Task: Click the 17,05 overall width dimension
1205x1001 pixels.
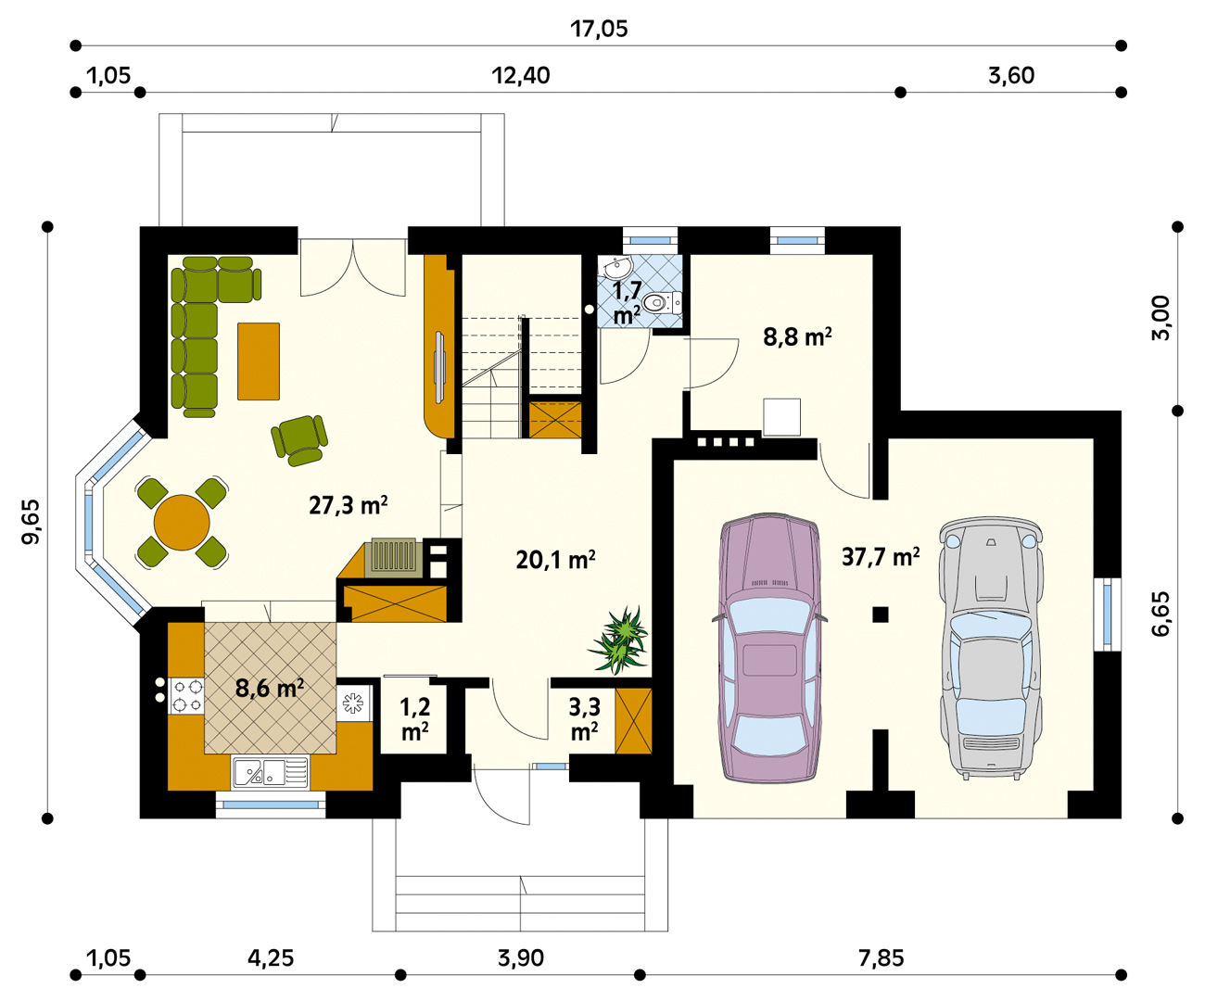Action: [x=599, y=29]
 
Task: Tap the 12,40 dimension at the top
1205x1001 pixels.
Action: [x=521, y=76]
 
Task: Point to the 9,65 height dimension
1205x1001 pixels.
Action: [x=32, y=521]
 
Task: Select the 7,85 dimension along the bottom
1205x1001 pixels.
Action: [x=881, y=958]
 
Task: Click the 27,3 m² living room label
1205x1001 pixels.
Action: [x=348, y=505]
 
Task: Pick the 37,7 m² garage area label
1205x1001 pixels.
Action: [x=881, y=557]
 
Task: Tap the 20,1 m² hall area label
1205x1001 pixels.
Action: [x=556, y=560]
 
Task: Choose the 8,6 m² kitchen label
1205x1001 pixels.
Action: [x=270, y=689]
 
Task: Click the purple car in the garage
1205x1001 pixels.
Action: [x=769, y=647]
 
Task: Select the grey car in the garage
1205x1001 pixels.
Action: [x=991, y=647]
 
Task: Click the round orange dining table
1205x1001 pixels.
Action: [x=182, y=523]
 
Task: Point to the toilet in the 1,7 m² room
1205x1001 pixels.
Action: [x=662, y=302]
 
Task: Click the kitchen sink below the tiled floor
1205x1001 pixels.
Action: [x=270, y=772]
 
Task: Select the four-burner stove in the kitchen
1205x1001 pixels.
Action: [x=186, y=696]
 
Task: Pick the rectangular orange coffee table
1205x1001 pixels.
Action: [x=259, y=361]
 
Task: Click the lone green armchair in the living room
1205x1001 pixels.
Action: [x=299, y=439]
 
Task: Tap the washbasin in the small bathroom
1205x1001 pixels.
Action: [x=617, y=267]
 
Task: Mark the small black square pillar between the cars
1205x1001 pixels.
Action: [x=880, y=615]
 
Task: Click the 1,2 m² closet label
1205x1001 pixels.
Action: [x=415, y=719]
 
